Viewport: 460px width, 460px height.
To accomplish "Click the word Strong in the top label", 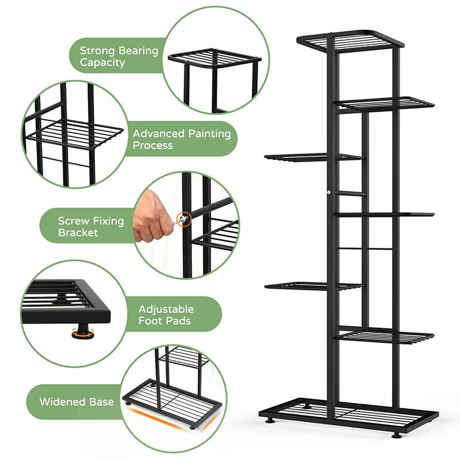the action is pyautogui.click(x=97, y=51).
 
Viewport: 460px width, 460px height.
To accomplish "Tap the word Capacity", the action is pyautogui.click(x=102, y=63).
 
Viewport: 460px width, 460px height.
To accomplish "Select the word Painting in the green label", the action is pyautogui.click(x=209, y=134).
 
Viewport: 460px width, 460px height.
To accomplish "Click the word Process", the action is pyautogui.click(x=152, y=145).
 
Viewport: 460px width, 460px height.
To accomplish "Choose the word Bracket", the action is pyautogui.click(x=78, y=233).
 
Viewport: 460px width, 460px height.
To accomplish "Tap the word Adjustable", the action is pyautogui.click(x=166, y=309).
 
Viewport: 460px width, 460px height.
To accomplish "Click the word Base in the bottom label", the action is pyautogui.click(x=101, y=402).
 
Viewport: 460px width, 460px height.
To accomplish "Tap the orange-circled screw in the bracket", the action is pyautogui.click(x=184, y=219).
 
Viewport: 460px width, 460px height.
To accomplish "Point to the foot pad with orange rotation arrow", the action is pyautogui.click(x=83, y=332).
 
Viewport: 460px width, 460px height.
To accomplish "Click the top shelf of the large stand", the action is pyautogui.click(x=351, y=41).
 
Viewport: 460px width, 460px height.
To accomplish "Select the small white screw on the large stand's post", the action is pyautogui.click(x=329, y=193).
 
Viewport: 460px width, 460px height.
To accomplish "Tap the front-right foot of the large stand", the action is pyautogui.click(x=396, y=435).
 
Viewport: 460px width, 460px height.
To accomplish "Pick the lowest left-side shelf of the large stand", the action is pyautogui.click(x=315, y=286).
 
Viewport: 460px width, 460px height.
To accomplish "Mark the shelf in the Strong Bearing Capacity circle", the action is pyautogui.click(x=214, y=58).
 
